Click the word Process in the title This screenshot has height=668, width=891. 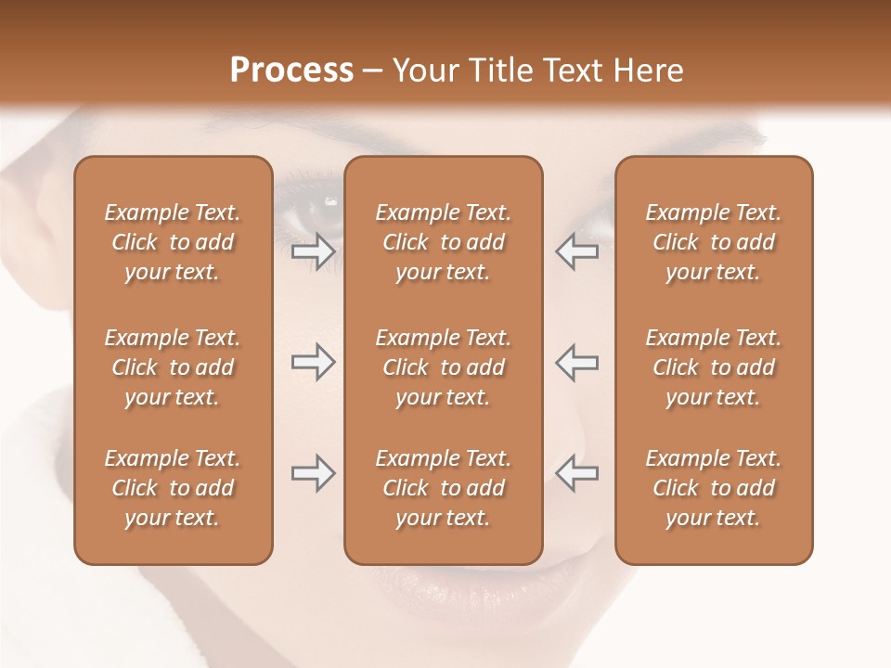coord(291,71)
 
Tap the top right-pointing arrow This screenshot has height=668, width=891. coord(313,252)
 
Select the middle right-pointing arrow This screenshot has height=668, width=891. coord(313,363)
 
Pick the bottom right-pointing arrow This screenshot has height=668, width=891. coord(313,474)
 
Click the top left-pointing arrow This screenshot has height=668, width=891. coord(576,252)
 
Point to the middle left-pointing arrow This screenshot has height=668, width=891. coord(576,363)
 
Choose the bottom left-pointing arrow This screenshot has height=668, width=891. coord(576,474)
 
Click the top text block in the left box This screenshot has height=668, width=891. coord(173,242)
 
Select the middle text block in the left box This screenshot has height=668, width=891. coord(173,367)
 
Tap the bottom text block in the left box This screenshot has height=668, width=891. coord(173,488)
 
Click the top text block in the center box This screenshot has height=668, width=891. coord(443,242)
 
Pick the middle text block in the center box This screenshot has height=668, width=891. coord(443,367)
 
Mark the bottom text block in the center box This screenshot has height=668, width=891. coord(443,488)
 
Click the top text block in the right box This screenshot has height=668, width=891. coord(713,242)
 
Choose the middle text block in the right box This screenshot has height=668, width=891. coord(713,367)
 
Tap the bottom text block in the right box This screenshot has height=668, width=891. coord(713,488)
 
